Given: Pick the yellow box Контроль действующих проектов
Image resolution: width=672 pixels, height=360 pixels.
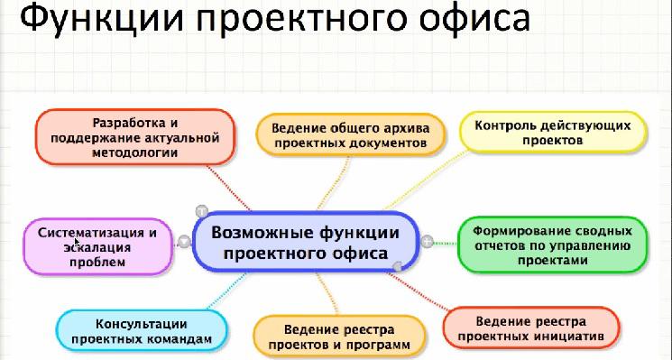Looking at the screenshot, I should point(552,133).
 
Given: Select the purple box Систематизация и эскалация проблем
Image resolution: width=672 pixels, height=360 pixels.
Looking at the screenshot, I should point(97,246).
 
